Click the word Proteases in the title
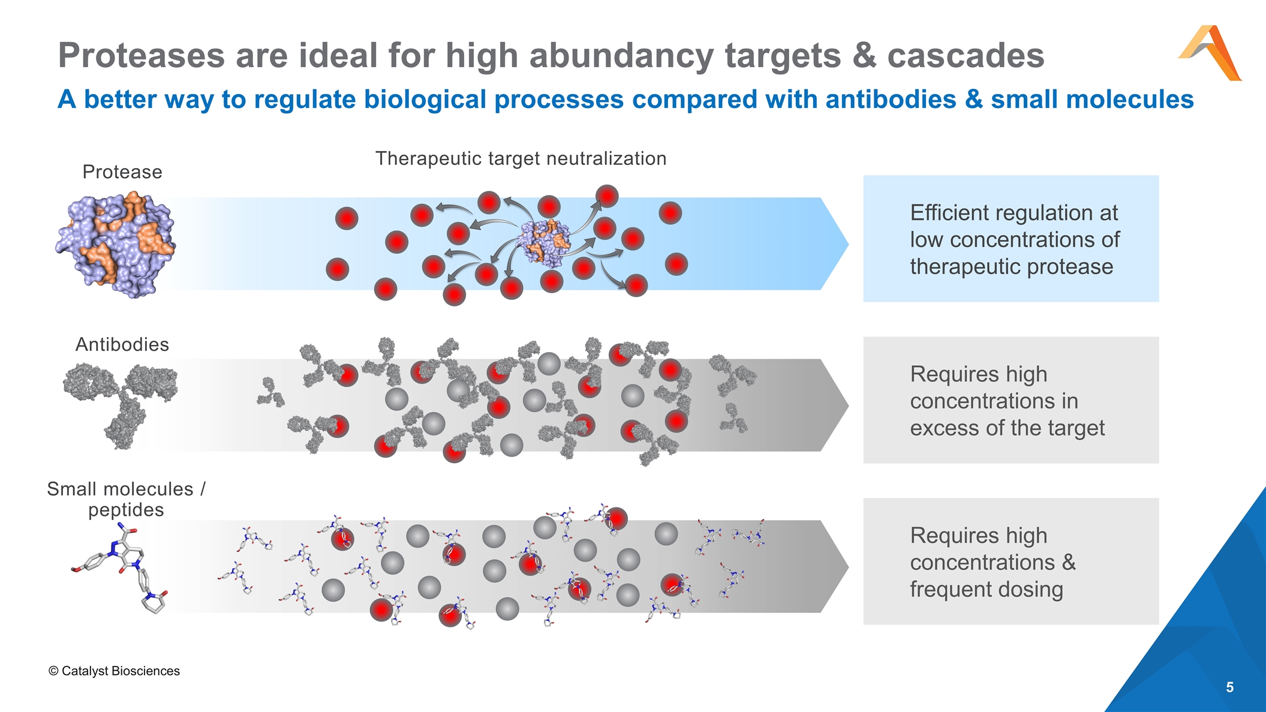[x=141, y=56]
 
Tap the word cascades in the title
[x=966, y=56]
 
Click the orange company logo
[x=1210, y=53]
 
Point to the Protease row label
[x=122, y=172]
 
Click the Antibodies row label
[x=122, y=345]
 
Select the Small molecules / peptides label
[x=126, y=499]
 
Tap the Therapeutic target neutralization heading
[x=521, y=158]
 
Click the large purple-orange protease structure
[x=115, y=245]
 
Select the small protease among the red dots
[x=545, y=242]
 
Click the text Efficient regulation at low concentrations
[x=1014, y=239]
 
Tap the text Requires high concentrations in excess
[x=1007, y=401]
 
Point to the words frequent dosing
[x=986, y=590]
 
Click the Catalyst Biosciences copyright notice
[x=114, y=671]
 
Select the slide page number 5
[x=1229, y=687]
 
